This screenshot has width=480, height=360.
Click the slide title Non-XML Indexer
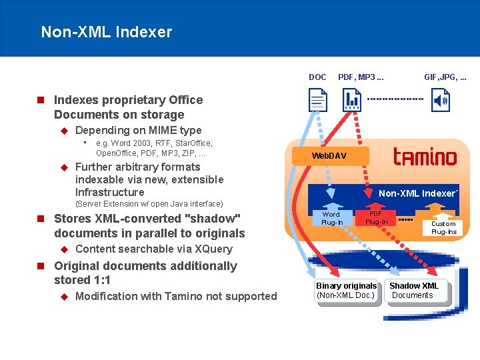107,32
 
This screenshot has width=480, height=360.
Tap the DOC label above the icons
317,77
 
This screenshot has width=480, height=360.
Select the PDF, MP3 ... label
365,77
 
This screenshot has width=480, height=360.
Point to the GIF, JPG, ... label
445,77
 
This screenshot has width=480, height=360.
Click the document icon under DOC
318,101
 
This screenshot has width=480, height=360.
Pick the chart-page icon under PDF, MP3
352,101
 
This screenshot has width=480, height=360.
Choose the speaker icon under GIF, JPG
441,101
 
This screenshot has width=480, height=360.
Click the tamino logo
425,157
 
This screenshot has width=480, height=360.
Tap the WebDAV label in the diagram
329,156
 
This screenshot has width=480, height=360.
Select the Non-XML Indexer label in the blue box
418,193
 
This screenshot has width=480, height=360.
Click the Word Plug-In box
331,218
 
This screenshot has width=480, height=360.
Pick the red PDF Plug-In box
376,218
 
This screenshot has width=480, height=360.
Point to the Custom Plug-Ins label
443,228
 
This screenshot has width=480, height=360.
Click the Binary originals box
346,291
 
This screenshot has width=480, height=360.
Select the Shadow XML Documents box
414,291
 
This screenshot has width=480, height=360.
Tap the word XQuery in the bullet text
209,249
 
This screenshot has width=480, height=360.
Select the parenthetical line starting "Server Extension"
149,203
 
